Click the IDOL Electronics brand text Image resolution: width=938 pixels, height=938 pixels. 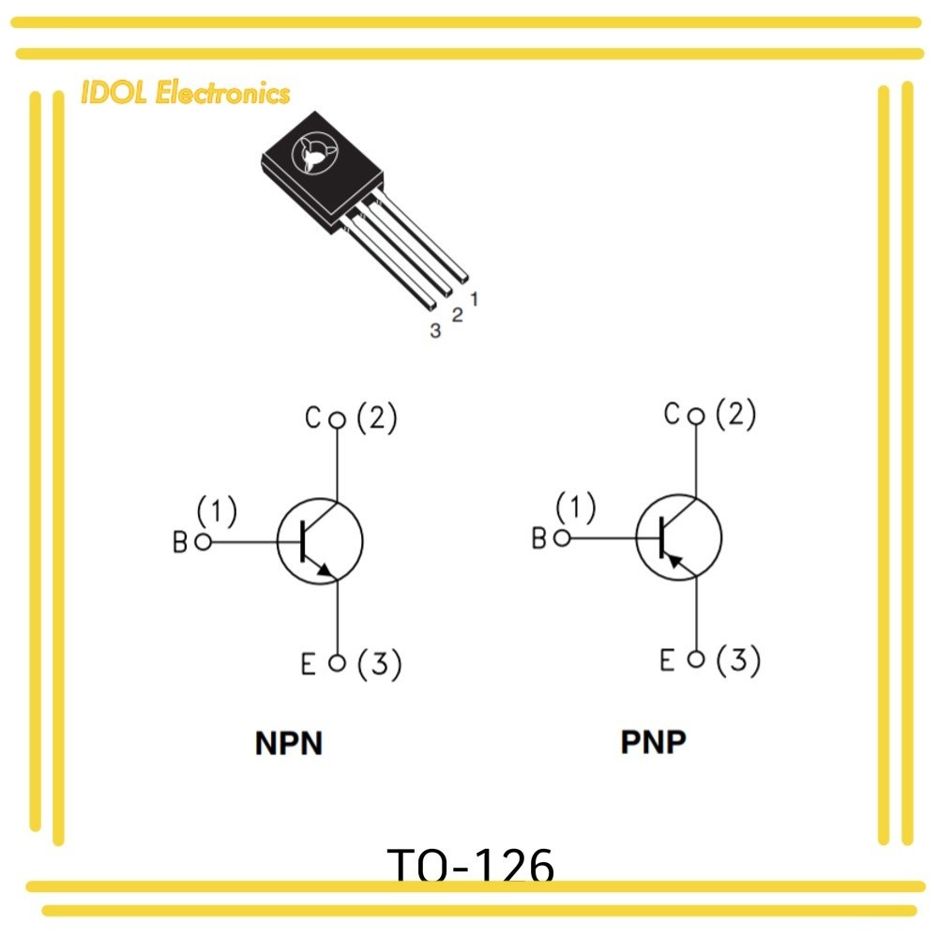(x=186, y=93)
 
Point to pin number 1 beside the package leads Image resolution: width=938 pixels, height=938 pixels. (x=475, y=299)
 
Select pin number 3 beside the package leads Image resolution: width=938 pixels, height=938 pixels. (x=435, y=330)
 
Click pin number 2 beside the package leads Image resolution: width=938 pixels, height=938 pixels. (x=457, y=315)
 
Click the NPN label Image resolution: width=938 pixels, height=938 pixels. (x=289, y=744)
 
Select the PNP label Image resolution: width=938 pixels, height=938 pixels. (x=654, y=742)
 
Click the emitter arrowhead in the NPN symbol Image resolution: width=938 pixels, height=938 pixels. (x=325, y=567)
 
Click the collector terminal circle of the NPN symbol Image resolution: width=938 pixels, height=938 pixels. (x=339, y=420)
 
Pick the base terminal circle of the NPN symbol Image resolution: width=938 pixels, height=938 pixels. (x=203, y=542)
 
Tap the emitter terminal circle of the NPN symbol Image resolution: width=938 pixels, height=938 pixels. (x=339, y=664)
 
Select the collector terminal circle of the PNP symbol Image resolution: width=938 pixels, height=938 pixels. (x=695, y=416)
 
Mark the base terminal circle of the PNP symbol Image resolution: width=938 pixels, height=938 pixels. (x=562, y=537)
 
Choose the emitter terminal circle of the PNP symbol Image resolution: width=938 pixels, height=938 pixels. (x=695, y=659)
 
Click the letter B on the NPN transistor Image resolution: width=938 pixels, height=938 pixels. (x=180, y=542)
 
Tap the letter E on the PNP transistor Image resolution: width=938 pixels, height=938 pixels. (x=668, y=660)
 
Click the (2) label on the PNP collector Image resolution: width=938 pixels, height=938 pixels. (x=735, y=415)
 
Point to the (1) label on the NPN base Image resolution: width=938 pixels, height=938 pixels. (x=217, y=512)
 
